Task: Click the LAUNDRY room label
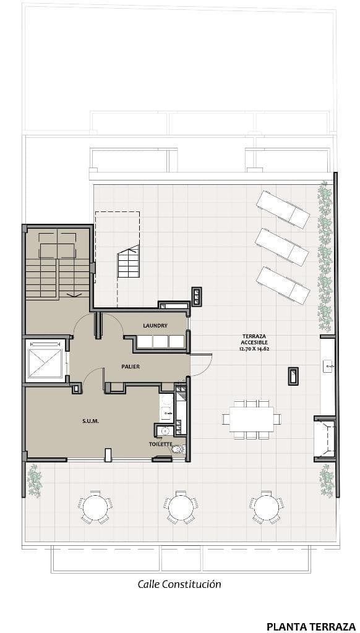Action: click(155, 325)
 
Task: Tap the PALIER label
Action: click(131, 367)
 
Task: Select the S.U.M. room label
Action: click(90, 421)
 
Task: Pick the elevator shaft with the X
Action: click(45, 362)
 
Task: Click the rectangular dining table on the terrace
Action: click(251, 419)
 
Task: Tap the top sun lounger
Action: click(283, 209)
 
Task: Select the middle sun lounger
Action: click(282, 247)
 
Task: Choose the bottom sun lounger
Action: click(283, 285)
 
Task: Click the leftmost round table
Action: click(95, 507)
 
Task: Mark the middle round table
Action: click(181, 507)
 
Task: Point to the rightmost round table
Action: click(266, 507)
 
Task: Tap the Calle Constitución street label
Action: click(179, 584)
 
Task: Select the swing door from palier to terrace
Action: click(202, 365)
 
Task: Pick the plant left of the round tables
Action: click(35, 480)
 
